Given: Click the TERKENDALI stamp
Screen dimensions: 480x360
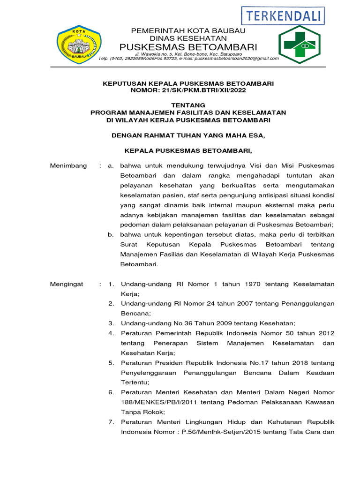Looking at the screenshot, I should (x=283, y=15).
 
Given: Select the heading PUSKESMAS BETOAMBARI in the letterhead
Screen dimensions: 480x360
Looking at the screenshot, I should (x=188, y=47).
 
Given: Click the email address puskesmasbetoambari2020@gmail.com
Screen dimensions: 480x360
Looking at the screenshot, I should (x=237, y=59).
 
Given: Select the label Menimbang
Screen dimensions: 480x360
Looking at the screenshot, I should (x=68, y=166).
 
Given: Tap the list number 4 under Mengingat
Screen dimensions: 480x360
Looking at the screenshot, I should (x=111, y=333).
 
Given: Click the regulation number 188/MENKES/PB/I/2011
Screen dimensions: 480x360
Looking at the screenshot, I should (x=154, y=402).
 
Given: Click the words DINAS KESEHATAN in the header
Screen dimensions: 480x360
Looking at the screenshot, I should (x=188, y=38).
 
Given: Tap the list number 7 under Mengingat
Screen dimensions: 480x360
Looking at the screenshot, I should (x=111, y=422).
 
